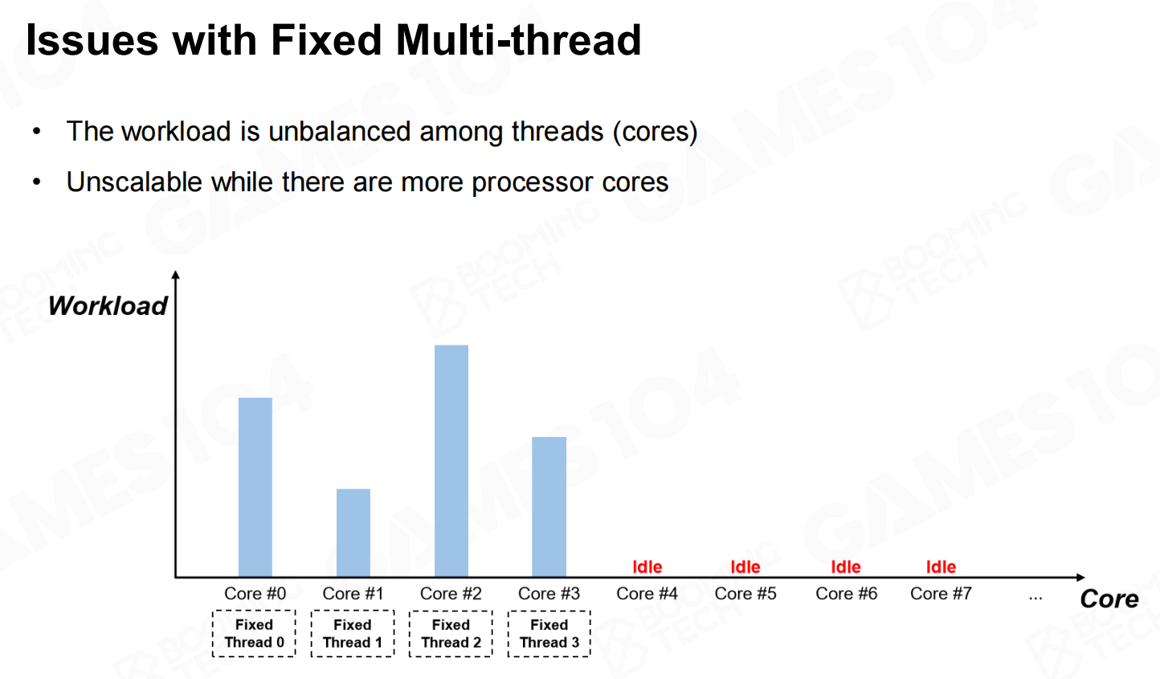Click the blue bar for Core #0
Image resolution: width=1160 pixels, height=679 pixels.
(255, 487)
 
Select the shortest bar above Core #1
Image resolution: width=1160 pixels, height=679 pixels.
(353, 533)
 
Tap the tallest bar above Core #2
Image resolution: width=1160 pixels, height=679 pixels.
(451, 460)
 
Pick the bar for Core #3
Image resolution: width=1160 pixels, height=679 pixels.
(549, 506)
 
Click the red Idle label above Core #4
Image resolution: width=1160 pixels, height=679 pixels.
(647, 567)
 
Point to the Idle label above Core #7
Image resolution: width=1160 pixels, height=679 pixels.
(941, 567)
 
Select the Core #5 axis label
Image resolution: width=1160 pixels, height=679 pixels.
(745, 594)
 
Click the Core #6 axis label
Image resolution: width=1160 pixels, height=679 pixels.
(846, 594)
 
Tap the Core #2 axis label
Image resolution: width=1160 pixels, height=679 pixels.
(451, 594)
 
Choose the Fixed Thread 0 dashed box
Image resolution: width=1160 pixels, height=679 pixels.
(255, 612)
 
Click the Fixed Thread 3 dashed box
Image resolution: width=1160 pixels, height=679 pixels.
(549, 612)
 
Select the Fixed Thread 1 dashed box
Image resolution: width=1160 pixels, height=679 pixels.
(353, 612)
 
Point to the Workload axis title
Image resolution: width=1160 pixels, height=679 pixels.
(108, 305)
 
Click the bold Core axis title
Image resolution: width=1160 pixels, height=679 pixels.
(1109, 599)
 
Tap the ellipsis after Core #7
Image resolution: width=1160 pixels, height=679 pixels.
(1035, 599)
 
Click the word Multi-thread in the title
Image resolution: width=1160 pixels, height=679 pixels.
(518, 40)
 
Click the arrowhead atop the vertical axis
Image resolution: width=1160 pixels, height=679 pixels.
(176, 275)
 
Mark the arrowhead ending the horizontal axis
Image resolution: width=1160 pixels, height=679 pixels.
(1080, 577)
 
